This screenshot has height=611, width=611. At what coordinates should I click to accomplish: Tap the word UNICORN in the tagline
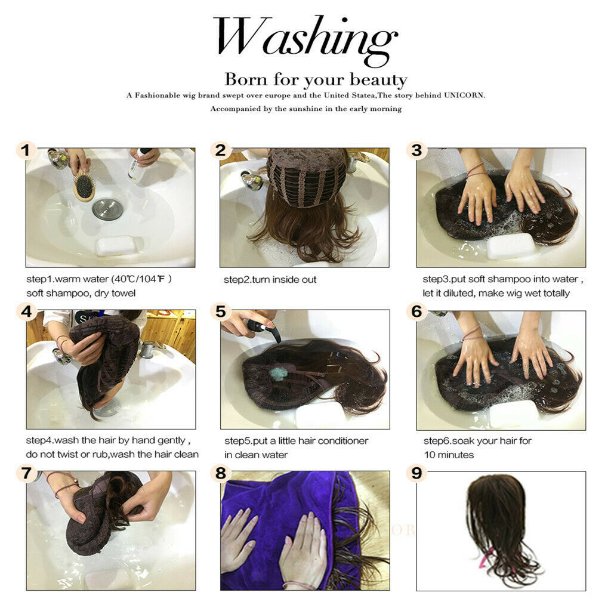pyautogui.click(x=464, y=95)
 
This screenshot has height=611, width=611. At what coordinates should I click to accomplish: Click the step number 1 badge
pyautogui.click(x=26, y=150)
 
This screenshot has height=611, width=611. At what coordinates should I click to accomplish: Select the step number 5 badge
pyautogui.click(x=221, y=311)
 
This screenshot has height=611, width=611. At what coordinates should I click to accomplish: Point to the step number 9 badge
pyautogui.click(x=416, y=473)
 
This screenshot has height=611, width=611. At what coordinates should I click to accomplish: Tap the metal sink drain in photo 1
pyautogui.click(x=108, y=208)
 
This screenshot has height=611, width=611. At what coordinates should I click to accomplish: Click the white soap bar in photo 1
pyautogui.click(x=116, y=245)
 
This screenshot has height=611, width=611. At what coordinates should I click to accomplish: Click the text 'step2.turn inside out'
pyautogui.click(x=270, y=279)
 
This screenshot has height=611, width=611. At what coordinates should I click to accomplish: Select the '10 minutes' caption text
pyautogui.click(x=449, y=455)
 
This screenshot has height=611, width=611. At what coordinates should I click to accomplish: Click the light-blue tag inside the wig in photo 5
pyautogui.click(x=278, y=374)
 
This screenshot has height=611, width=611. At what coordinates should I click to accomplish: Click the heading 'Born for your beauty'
pyautogui.click(x=316, y=80)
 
